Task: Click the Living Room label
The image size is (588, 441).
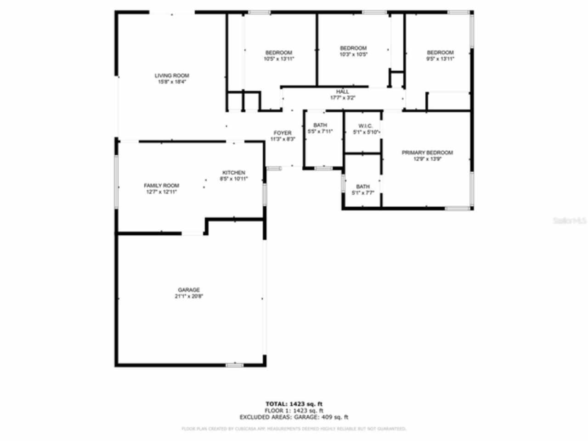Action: [x=172, y=76]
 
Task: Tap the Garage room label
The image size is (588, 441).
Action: [x=189, y=290]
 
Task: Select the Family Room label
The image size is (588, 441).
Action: [x=161, y=186]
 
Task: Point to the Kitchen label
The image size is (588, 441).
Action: [x=234, y=173]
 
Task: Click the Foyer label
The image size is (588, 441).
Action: [x=283, y=133]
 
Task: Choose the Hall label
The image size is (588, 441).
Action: [x=342, y=92]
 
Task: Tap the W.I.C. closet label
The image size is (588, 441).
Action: [x=365, y=126]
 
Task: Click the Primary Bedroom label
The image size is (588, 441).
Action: [x=427, y=153]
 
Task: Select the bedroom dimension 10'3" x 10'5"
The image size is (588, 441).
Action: [x=353, y=54]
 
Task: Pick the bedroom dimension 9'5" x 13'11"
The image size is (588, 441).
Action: [x=440, y=59]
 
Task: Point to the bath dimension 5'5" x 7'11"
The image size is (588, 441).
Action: [x=320, y=131]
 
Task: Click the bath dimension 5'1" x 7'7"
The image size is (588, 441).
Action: [x=362, y=193]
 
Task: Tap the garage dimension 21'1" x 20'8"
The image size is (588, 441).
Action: [x=189, y=297]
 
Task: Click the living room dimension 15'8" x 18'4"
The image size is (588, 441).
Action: [x=172, y=82]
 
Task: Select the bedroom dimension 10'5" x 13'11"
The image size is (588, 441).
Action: [x=279, y=59]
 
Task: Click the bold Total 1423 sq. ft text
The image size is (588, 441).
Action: [x=294, y=404]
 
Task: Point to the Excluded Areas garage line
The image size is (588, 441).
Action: [x=294, y=417]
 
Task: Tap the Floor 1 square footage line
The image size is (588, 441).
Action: [x=294, y=411]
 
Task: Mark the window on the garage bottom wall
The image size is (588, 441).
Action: [x=234, y=365]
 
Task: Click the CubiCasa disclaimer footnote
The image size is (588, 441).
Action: [x=294, y=429]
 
